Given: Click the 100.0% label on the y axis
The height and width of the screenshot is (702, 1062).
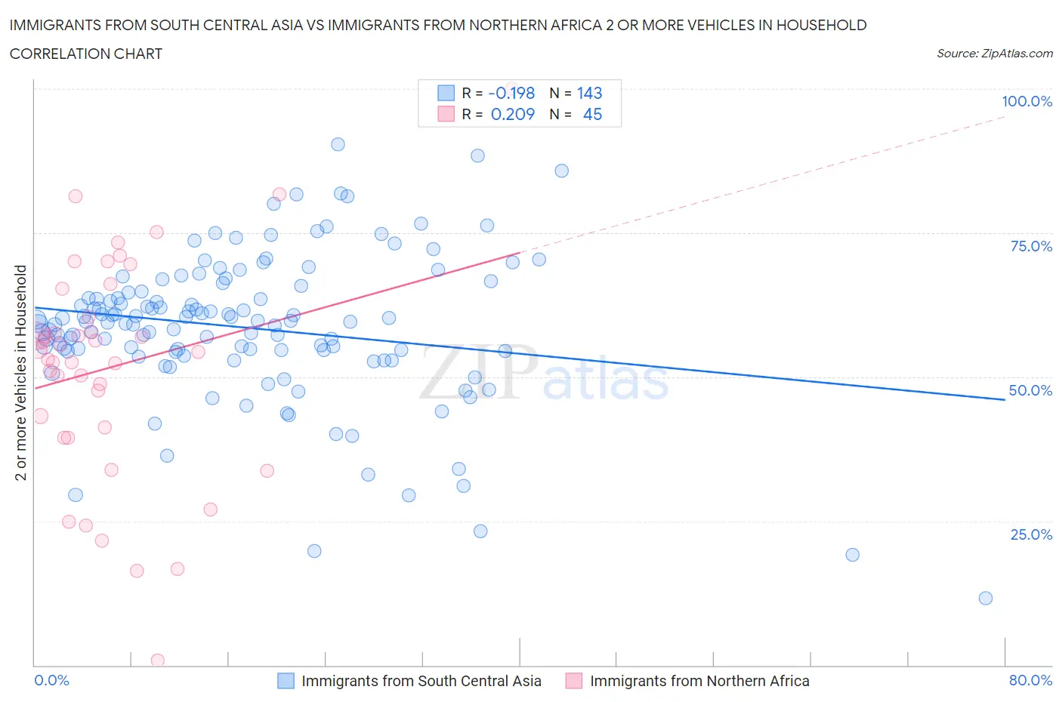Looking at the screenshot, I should [1026, 101].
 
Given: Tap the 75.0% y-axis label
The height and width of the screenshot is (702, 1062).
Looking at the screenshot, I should [1031, 246].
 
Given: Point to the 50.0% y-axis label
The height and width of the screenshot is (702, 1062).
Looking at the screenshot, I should [1030, 390].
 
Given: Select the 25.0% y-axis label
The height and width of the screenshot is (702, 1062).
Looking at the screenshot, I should [1031, 534].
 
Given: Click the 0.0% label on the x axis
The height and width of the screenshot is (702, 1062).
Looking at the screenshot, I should [51, 680].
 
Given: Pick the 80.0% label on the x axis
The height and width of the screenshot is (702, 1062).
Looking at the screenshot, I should [1030, 680].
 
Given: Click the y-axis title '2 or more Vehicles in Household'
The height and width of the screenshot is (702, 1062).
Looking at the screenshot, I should [21, 372].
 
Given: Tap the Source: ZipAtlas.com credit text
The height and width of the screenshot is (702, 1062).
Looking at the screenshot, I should [994, 54].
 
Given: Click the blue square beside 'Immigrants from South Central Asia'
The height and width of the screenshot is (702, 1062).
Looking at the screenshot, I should [286, 681].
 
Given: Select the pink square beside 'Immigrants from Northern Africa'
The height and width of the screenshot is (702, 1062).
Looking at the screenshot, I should [574, 681].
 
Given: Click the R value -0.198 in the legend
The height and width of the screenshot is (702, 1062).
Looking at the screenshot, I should [511, 93].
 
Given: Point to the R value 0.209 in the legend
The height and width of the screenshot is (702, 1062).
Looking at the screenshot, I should [512, 114].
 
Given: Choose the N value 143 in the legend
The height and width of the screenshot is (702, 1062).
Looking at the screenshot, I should [589, 93].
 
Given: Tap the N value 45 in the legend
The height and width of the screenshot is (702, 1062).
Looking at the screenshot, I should [592, 114].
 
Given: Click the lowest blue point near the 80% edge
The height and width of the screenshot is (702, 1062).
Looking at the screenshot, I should [985, 598].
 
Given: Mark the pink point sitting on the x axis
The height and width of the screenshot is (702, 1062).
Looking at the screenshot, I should [157, 660].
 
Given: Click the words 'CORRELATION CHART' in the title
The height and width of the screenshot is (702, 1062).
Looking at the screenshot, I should [86, 54].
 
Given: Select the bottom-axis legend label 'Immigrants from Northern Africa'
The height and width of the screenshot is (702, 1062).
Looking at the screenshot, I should [699, 681].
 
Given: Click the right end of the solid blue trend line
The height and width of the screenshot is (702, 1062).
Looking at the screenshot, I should [1004, 399].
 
